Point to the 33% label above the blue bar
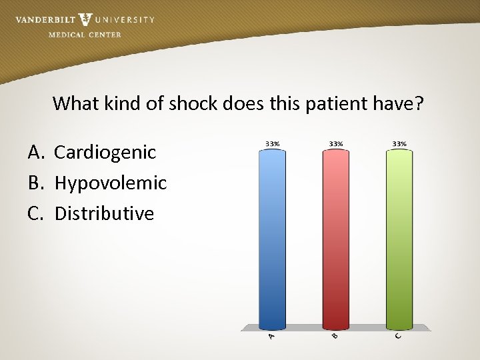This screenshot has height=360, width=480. [x=272, y=143]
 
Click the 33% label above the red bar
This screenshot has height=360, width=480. [x=336, y=143]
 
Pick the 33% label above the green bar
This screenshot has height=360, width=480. [x=399, y=143]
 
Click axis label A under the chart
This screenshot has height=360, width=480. [x=271, y=337]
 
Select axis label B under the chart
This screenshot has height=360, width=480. [x=335, y=335]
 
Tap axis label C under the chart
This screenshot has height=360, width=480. [x=398, y=335]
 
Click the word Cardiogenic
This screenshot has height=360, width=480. [x=105, y=153]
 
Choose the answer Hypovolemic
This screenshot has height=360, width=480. [x=111, y=183]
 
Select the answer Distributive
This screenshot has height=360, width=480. [x=104, y=213]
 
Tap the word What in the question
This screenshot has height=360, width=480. [x=75, y=103]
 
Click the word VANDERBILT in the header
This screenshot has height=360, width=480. [x=45, y=19]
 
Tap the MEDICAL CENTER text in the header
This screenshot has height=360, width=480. [x=85, y=35]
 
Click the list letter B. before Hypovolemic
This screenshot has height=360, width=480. [x=36, y=183]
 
